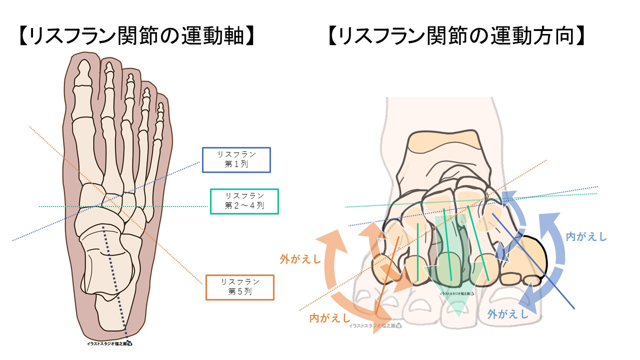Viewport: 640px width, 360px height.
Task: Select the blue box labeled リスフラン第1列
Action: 236,160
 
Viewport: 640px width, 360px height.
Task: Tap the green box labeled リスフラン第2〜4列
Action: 244,201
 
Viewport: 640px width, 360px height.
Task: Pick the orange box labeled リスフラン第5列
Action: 239,287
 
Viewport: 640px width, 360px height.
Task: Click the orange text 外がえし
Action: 300,259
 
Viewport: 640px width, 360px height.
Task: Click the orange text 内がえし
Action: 329,317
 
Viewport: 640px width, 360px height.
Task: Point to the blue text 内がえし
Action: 586,236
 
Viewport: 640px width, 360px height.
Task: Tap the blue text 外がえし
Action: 507,314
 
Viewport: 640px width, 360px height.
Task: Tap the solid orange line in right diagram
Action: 387,275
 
